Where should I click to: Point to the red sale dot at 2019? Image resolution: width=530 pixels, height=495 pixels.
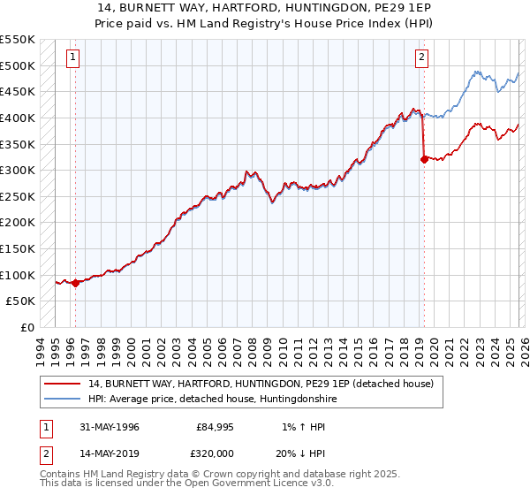click(x=425, y=159)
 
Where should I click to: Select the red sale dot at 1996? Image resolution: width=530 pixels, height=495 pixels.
click(x=75, y=283)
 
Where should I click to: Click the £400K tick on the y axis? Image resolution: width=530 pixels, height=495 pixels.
click(x=18, y=118)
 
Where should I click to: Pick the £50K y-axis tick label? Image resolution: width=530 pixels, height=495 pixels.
click(x=21, y=301)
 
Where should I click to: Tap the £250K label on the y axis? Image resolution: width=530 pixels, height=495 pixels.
click(x=18, y=196)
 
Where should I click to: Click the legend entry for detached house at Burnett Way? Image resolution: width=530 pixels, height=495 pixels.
click(x=261, y=385)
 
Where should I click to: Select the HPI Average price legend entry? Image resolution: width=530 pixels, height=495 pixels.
click(x=212, y=400)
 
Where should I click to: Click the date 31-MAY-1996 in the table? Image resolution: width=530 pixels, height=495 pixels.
click(x=105, y=427)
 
